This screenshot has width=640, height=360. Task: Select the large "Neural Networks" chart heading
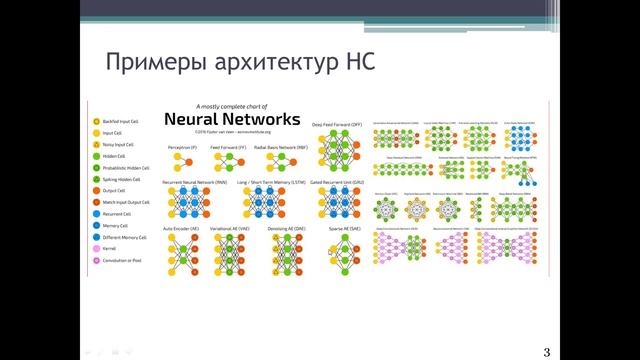click(232, 119)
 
